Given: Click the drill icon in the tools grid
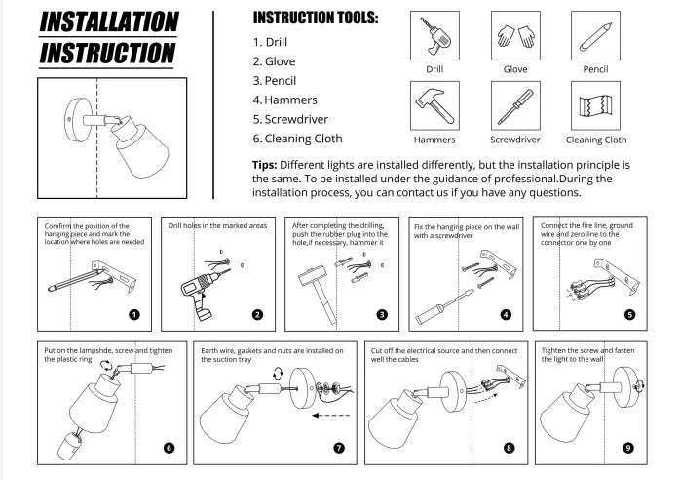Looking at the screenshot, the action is pos(434,36).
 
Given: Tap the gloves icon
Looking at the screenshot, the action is pos(515,36).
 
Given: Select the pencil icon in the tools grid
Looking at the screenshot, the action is pos(596,37).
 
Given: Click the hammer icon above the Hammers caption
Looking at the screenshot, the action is pos(434,106).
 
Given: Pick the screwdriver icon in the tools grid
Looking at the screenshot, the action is pos(515,106).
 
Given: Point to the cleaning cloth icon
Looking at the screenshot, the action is pos(595,105).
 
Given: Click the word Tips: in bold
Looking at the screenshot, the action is pos(265,165).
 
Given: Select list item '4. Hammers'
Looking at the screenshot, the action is pos(284,100).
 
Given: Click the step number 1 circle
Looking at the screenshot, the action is pos(134,314).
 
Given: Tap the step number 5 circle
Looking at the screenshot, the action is pos(629,314).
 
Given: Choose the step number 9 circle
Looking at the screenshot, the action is pos(628,448).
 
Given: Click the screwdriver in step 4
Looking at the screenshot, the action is pos(444,306).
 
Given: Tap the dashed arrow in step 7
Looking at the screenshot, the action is pos(330,416).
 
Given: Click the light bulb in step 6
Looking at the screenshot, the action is pos(69,444).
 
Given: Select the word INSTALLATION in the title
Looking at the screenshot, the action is pos(109,22).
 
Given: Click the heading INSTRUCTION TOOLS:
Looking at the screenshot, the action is pos(316,19).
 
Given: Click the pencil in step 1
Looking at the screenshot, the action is pos(76,281).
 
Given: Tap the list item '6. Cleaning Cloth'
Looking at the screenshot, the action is pos(297,139).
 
